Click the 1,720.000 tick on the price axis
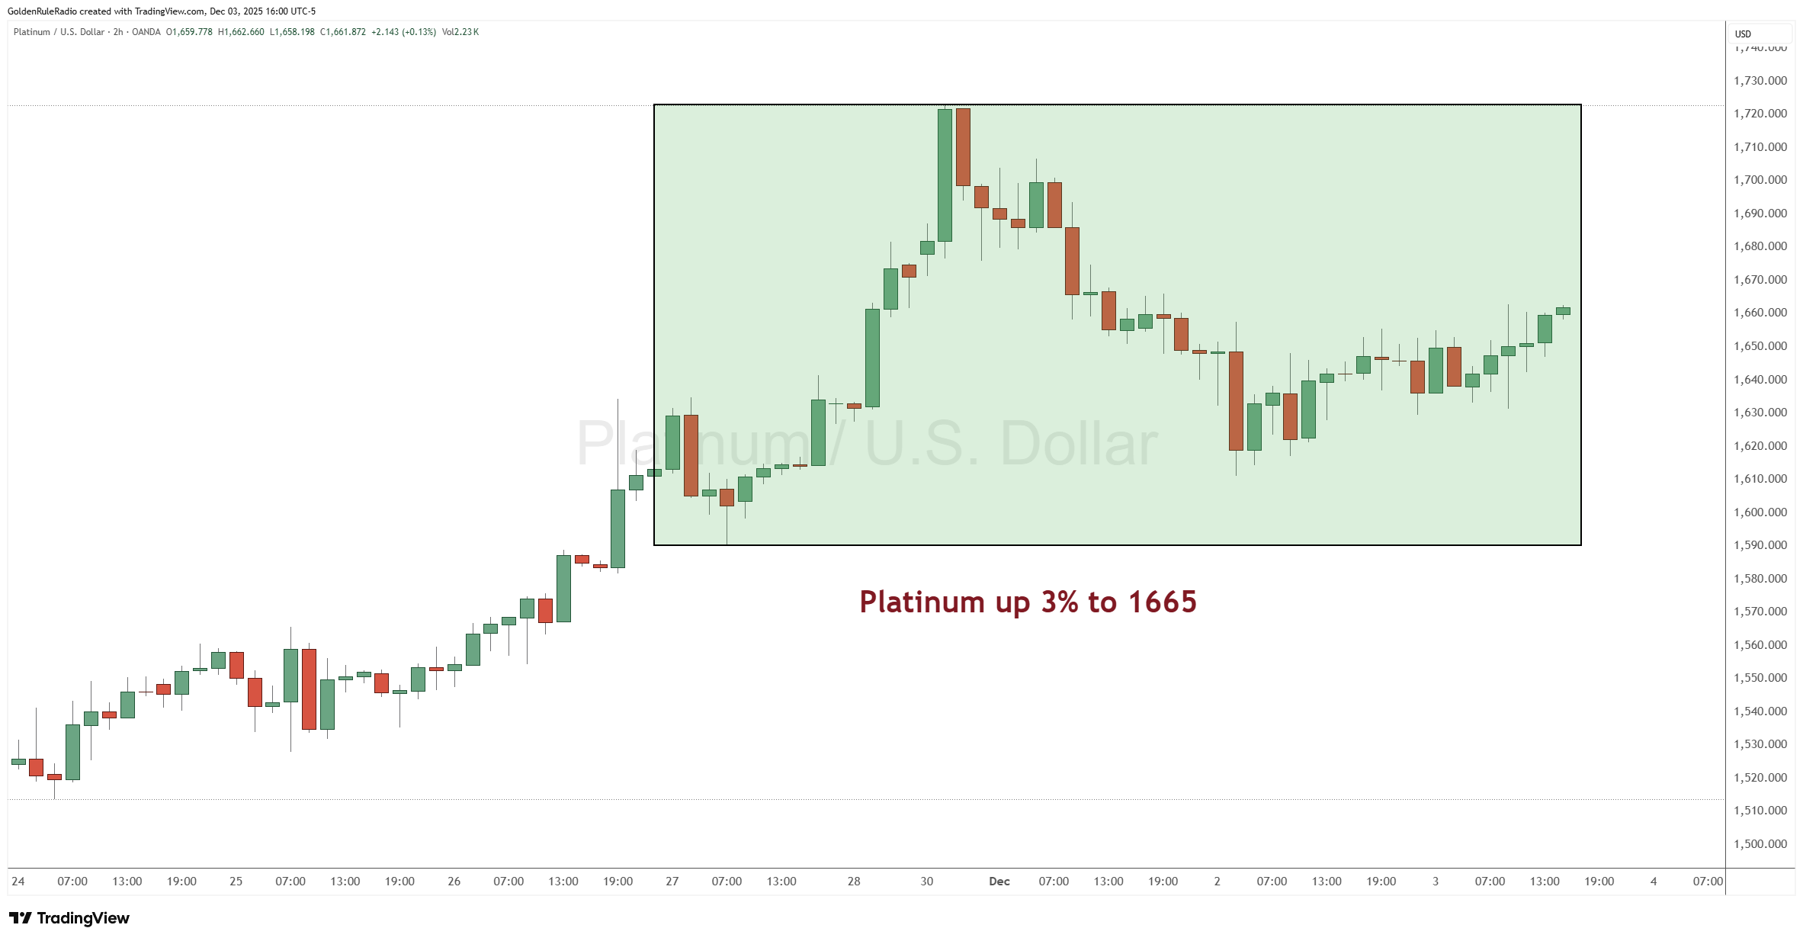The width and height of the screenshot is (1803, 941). [x=1760, y=114]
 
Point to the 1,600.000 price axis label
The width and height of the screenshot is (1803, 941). [x=1760, y=512]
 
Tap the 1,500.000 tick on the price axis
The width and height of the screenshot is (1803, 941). [x=1760, y=844]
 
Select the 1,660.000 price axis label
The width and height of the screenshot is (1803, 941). [x=1760, y=313]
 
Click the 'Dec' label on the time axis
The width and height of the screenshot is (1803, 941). [x=999, y=882]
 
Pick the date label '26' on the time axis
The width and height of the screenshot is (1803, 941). [x=454, y=882]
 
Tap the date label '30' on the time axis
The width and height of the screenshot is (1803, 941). [x=926, y=882]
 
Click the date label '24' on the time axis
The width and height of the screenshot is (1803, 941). [x=18, y=882]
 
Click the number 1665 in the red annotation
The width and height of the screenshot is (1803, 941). [x=1162, y=602]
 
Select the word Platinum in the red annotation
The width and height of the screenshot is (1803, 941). [x=922, y=602]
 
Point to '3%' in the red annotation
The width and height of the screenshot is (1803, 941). [x=1060, y=602]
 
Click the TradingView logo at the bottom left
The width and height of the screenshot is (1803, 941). [x=69, y=918]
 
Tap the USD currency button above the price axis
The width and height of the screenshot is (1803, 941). [x=1743, y=34]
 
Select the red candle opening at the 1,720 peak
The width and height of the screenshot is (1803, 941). [x=963, y=147]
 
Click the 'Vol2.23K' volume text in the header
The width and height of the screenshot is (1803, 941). [x=460, y=32]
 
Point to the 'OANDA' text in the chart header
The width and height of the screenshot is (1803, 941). [x=146, y=32]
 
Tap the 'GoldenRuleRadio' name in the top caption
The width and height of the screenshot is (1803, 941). [x=42, y=11]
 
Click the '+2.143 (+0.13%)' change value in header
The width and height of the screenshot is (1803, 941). [x=403, y=32]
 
